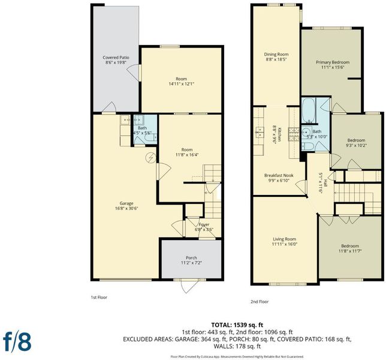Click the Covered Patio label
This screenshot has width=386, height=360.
(116, 58)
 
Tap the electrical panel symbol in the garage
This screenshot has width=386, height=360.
(150, 158)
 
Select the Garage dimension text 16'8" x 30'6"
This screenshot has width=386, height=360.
(126, 208)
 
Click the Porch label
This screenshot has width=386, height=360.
(191, 258)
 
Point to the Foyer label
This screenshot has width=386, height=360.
(204, 224)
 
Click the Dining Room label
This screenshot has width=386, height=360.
(276, 54)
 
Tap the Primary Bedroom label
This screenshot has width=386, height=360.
(333, 62)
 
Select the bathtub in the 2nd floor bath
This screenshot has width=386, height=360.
(309, 110)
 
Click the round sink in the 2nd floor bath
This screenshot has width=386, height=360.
(307, 131)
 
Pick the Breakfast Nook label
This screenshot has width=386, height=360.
(279, 175)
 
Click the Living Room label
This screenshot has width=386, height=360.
(284, 239)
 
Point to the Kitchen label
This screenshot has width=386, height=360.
(279, 134)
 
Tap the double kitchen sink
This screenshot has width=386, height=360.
(259, 133)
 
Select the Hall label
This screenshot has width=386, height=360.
(325, 182)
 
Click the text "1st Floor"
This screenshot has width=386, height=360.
(99, 298)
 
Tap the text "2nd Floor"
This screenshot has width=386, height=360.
(260, 302)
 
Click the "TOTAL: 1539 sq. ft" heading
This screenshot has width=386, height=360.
(237, 325)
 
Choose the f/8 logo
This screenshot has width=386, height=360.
(17, 341)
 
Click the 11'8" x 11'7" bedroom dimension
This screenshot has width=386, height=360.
(350, 251)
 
